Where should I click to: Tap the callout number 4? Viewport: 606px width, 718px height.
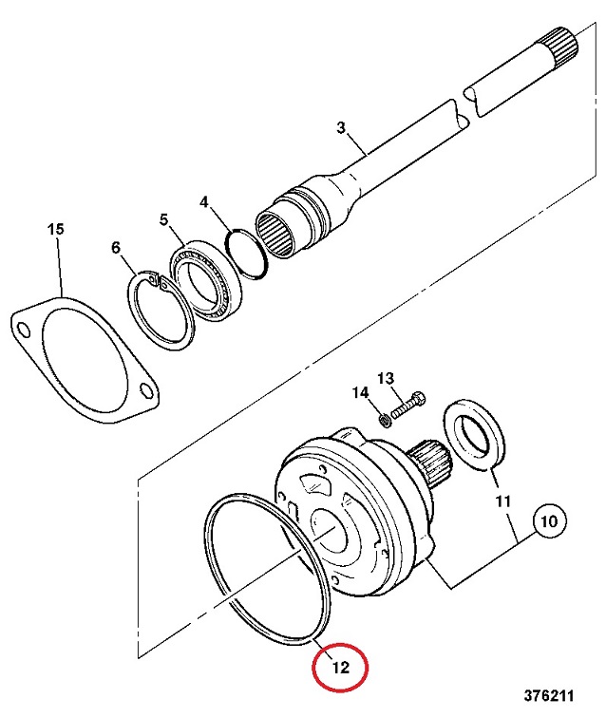pos(204,202)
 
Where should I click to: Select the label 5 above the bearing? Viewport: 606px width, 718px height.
pos(163,220)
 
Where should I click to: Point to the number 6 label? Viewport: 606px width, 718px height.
pos(117,248)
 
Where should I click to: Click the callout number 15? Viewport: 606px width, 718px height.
pos(56,230)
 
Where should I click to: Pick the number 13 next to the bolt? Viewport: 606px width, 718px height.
pos(385,379)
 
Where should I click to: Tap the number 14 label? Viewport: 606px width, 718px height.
pos(359,393)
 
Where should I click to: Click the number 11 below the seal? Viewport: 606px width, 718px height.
pos(502,500)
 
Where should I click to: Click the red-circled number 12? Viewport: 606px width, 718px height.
pos(341,668)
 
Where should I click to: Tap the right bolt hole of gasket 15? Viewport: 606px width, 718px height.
pos(145,388)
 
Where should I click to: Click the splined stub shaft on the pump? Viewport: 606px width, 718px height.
pos(432,466)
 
